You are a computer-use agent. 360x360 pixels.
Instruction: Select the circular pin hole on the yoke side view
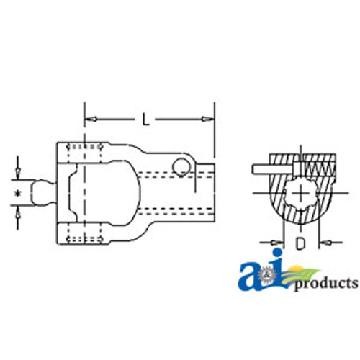pyautogui.click(x=181, y=167)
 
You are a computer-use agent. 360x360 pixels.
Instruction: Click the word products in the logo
pyautogui.click(x=325, y=282)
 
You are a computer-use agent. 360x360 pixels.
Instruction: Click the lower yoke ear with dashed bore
pyautogui.click(x=85, y=235)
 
